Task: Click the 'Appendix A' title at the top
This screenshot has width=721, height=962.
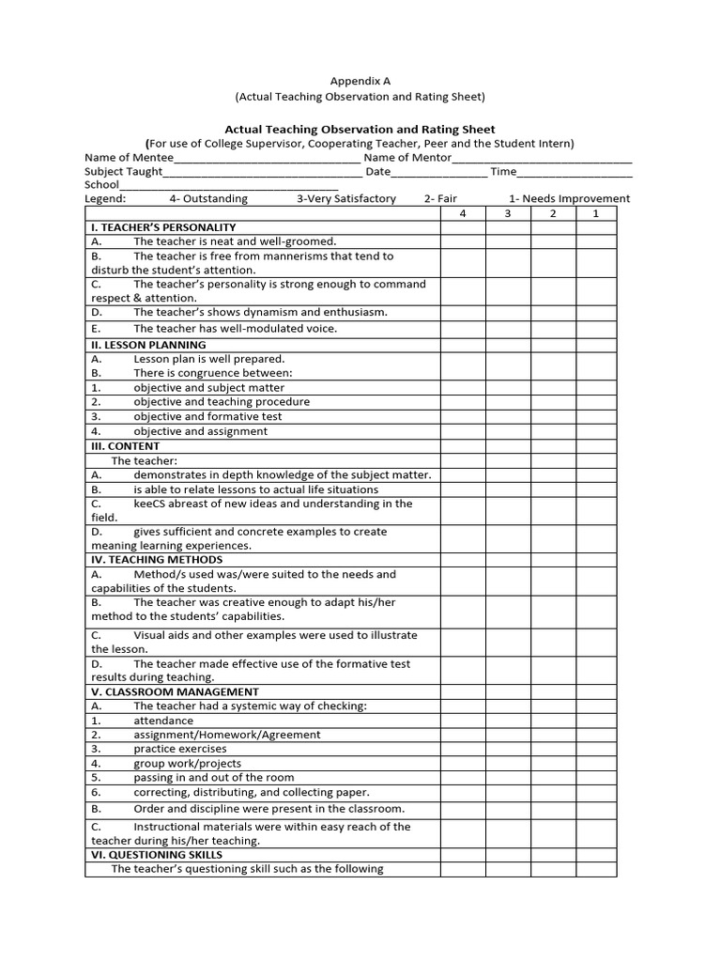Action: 360,82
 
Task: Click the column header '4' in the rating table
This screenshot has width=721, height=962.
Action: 463,214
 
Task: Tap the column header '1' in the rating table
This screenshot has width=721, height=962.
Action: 596,214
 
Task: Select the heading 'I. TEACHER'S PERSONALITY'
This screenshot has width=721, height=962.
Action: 163,227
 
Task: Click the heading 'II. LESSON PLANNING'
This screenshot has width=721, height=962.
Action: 148,345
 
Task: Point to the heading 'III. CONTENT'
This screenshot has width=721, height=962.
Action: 125,446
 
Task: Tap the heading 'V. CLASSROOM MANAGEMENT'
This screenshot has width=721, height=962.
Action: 175,691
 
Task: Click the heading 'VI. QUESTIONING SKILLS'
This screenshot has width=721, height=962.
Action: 157,855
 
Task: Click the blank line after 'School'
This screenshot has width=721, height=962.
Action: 228,187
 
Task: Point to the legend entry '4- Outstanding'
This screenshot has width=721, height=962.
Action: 208,199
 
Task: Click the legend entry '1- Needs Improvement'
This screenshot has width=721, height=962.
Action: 569,199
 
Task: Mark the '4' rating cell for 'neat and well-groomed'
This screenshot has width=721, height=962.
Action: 463,241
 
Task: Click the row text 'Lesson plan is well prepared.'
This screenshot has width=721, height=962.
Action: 208,359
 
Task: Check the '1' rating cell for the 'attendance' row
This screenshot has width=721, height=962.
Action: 596,721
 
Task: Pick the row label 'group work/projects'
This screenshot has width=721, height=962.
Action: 187,764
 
